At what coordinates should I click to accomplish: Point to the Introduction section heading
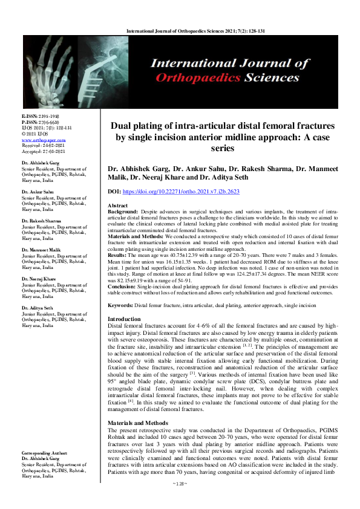tap(125, 319)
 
